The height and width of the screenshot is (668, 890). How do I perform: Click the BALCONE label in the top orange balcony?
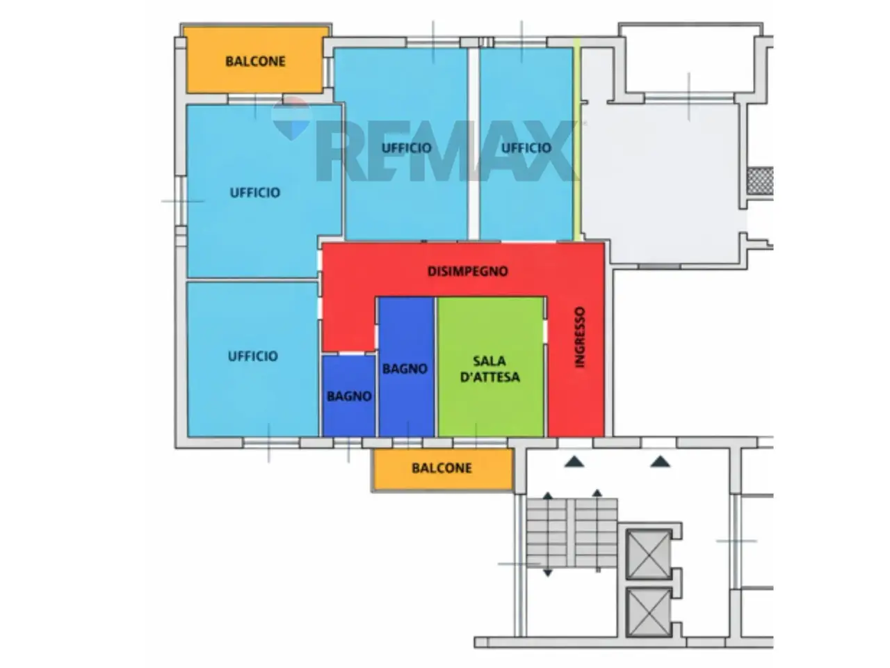pos(255,61)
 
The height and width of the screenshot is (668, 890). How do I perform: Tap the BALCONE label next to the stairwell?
pos(442,468)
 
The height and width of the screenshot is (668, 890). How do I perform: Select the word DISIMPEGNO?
pos(467,271)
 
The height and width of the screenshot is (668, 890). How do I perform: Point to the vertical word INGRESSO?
pos(580,337)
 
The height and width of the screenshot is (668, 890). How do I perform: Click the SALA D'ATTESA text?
pos(489,369)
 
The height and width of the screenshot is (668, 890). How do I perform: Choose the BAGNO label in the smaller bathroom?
pos(349,396)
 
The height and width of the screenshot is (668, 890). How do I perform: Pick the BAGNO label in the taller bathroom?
pos(405,369)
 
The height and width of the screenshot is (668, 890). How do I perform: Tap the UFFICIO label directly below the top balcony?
pos(255,192)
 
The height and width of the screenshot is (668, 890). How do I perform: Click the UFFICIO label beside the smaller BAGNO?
pos(252,356)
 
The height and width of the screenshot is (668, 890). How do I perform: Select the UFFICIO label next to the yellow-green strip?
pos(526,148)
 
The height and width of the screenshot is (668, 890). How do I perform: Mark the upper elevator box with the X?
pos(648,554)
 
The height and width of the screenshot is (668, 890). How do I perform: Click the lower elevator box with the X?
pos(648,612)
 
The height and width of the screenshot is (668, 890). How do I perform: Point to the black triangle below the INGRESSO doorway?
pos(574,461)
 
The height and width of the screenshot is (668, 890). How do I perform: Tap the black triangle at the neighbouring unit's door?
pos(660,461)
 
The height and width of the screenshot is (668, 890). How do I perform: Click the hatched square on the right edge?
pos(760,180)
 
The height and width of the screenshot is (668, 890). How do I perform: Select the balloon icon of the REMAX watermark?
pos(291,118)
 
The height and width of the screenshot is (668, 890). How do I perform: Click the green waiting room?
pos(491,367)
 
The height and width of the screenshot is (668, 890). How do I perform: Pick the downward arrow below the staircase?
pos(548,573)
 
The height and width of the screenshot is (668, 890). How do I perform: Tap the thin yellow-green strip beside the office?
pos(577,139)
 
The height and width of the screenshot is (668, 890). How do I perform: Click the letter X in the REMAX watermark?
pos(551,150)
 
